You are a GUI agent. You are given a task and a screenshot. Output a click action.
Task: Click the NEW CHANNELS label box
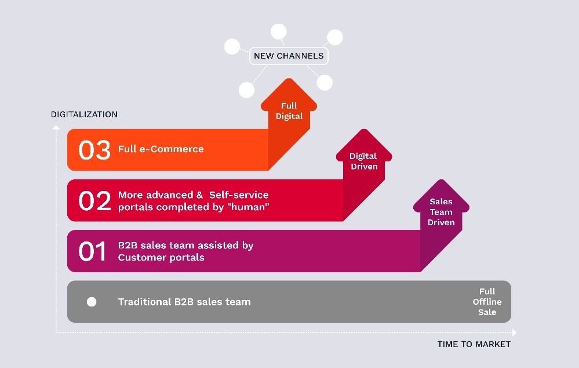(x=289, y=56)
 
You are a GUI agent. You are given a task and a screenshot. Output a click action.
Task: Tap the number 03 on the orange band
(x=94, y=150)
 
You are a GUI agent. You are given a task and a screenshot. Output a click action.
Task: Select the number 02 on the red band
(x=94, y=200)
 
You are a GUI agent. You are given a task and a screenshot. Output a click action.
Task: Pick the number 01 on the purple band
(x=92, y=251)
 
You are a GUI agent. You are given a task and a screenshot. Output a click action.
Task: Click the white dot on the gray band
(x=92, y=302)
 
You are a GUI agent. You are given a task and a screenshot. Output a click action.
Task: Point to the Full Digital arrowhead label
(x=289, y=111)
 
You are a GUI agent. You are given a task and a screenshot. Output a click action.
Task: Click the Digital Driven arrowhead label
(x=364, y=161)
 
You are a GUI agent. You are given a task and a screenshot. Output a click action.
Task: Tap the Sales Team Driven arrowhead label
(x=441, y=212)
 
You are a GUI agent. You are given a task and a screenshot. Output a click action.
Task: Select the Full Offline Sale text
(x=487, y=302)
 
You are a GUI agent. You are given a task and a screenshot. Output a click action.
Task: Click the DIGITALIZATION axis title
(x=84, y=114)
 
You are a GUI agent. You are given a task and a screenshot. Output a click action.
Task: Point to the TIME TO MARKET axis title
(x=474, y=344)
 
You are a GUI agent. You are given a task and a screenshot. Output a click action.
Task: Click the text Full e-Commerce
(x=161, y=149)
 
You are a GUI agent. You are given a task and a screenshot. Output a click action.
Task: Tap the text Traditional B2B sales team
(x=184, y=302)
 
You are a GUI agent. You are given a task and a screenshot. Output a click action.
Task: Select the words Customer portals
(x=161, y=257)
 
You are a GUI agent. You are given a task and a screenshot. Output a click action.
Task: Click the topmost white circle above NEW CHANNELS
(x=278, y=31)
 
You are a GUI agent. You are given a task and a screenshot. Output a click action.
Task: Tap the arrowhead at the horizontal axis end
(x=514, y=333)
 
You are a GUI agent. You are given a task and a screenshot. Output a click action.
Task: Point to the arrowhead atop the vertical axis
(x=56, y=128)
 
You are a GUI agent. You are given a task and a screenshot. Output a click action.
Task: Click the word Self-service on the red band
(x=239, y=195)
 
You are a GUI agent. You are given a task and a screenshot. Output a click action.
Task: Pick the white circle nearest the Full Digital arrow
(x=325, y=82)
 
